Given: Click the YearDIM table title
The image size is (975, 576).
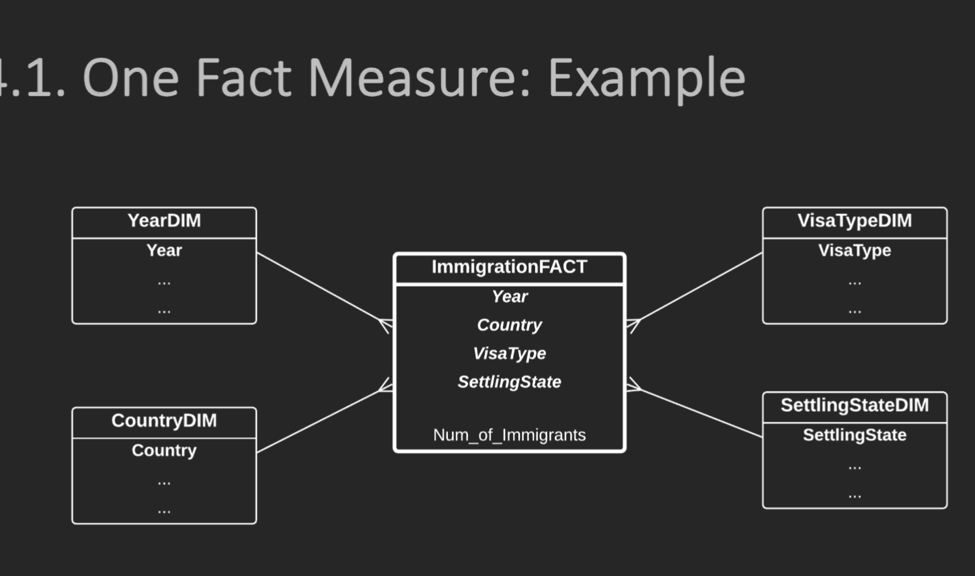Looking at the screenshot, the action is pos(164,221).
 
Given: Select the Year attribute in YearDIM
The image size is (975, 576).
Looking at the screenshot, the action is pos(164,250).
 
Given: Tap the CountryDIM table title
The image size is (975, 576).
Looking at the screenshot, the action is pos(164,421).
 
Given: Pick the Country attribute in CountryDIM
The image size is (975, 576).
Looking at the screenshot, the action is pos(164,451).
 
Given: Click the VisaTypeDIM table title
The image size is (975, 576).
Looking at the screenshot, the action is pos(855,221).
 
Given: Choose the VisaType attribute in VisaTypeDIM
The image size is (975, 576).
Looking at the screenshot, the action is pos(855,251).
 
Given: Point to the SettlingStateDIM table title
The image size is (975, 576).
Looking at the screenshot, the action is pos(855,406).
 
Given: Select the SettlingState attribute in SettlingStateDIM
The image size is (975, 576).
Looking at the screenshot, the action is pos(855,435).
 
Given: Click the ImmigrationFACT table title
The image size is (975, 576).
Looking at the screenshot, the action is pos(509,267).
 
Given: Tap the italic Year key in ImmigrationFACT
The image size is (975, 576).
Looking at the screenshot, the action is pos(509,297).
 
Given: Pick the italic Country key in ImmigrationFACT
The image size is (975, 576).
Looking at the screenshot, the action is pos(509,325).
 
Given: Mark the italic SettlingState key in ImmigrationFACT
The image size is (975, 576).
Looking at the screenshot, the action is pos(509,382).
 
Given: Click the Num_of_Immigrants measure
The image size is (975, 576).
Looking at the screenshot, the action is pos(509,435).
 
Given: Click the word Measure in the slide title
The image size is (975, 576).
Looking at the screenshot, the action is pos(420,77).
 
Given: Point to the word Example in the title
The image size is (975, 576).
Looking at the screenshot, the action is pos(647,79).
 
